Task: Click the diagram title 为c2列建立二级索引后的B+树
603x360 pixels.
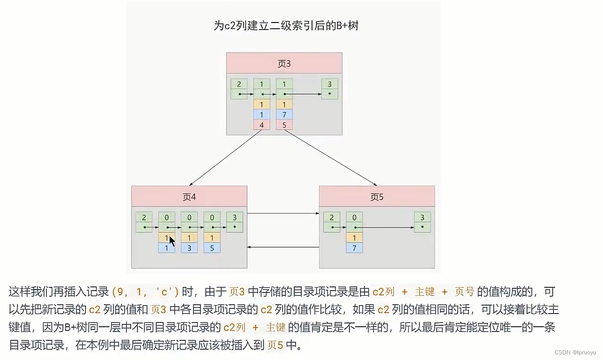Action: coord(286,26)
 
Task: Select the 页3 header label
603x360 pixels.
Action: coord(284,63)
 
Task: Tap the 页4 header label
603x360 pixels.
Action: coord(189,197)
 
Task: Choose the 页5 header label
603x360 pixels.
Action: coord(377,197)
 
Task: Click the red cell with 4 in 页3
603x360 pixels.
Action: coord(261,125)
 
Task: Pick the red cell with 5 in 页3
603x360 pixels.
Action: coord(284,125)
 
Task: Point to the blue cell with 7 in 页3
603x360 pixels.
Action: coord(284,115)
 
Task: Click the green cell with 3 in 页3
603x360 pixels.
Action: coord(330,84)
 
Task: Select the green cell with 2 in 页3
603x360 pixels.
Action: coord(239,84)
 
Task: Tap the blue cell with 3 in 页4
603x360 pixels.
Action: coord(189,248)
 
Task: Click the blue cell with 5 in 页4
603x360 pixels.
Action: coord(212,248)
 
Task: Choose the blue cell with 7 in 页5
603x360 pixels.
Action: coord(354,248)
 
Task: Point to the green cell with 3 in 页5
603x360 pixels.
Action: coord(422,217)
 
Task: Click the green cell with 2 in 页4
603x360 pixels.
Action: coord(144,217)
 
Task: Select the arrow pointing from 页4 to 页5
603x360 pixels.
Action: coord(283,214)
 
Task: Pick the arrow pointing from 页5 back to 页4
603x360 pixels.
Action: coord(283,247)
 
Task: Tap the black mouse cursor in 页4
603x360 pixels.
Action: coord(172,241)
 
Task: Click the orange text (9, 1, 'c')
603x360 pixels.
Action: coord(145,292)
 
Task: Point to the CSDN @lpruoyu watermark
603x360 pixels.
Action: coord(575,352)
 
